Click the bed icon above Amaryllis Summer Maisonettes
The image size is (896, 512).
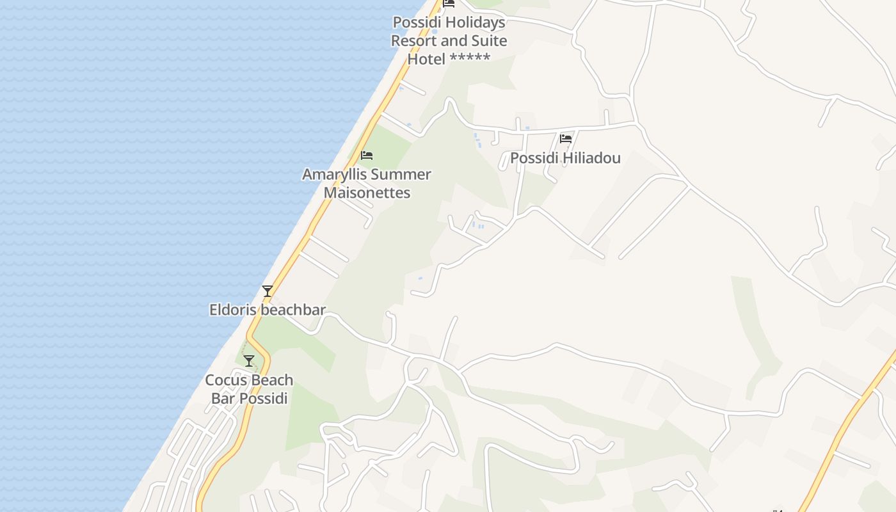(x=367, y=156)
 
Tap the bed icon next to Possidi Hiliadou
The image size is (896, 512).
(x=566, y=138)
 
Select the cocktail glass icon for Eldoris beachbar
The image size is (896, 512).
(x=268, y=291)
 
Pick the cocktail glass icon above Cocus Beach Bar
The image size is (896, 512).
(x=249, y=361)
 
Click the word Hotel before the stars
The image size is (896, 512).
(x=426, y=59)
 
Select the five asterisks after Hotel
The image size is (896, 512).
(x=470, y=59)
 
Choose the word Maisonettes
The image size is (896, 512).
(x=367, y=193)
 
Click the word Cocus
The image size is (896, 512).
(x=226, y=380)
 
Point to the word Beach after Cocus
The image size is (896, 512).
(x=272, y=380)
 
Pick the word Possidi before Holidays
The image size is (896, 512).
(x=417, y=22)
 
